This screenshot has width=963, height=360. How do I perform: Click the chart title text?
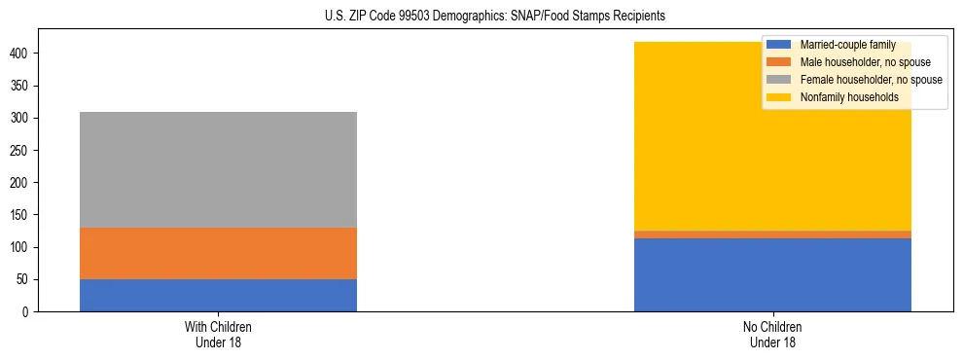coord(495,17)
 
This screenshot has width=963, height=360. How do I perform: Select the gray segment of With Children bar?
coord(218,169)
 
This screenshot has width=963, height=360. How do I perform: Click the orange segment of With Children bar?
coord(218,253)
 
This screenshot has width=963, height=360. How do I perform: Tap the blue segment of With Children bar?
coord(218,295)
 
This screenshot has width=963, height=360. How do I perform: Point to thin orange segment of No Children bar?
coord(772,234)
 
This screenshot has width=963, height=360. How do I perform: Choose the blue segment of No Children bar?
coord(772,274)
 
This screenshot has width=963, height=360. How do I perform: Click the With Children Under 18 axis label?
coord(218,334)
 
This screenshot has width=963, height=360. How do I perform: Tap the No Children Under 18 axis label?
coord(772,334)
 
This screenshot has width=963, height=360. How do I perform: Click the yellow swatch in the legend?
coord(779,97)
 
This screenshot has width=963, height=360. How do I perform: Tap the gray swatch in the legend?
coord(779,80)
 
